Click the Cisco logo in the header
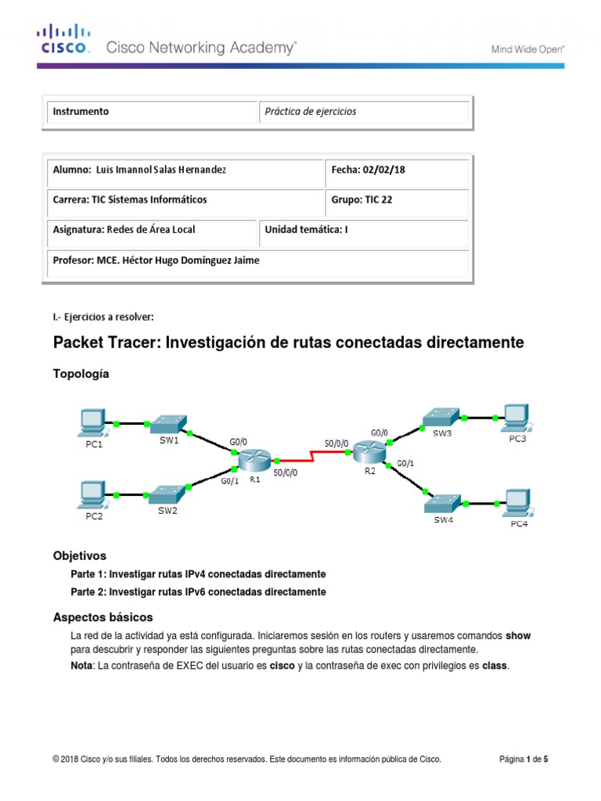(x=65, y=39)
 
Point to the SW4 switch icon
(x=442, y=501)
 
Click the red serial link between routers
(x=310, y=456)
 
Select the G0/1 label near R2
(x=406, y=463)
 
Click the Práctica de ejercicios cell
(x=311, y=112)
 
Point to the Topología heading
(x=81, y=374)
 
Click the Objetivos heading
(x=79, y=556)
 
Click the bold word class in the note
(x=495, y=666)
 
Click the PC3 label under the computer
(x=518, y=439)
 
